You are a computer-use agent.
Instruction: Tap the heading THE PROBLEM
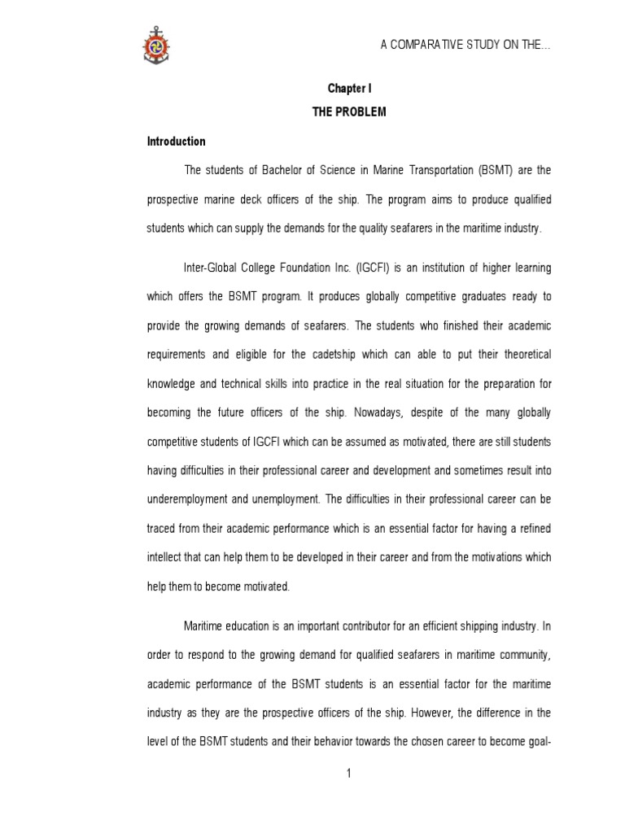[x=349, y=112]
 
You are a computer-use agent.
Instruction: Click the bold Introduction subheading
[x=176, y=142]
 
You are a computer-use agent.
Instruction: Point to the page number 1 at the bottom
[x=348, y=773]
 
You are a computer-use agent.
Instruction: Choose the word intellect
[x=165, y=557]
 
